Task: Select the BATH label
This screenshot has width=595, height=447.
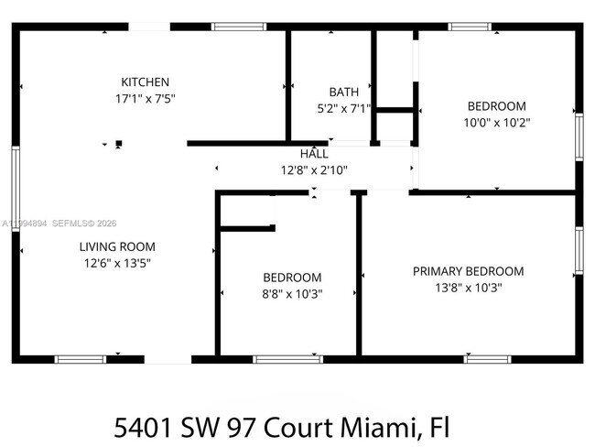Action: point(343,92)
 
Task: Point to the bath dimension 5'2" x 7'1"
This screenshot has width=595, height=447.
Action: point(343,108)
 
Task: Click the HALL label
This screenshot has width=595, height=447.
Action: point(314,153)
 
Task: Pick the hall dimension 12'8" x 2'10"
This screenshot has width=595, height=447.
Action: point(314,169)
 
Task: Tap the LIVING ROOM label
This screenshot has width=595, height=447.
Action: point(116,246)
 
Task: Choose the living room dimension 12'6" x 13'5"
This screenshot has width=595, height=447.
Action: point(116,263)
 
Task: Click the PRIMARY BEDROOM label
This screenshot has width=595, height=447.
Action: point(468,271)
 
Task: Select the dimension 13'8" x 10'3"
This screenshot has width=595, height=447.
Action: point(468,288)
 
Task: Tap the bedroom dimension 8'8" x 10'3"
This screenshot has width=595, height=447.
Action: point(292,294)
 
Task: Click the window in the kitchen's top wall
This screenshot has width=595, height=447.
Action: point(239,27)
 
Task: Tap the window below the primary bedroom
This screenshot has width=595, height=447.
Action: point(487,358)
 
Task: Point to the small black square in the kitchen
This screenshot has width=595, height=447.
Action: point(118,143)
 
